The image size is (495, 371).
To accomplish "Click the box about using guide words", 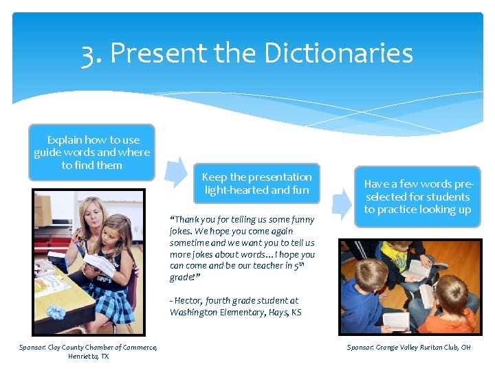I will pyautogui.click(x=91, y=153).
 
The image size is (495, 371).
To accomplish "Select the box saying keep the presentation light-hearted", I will pyautogui.click(x=256, y=183).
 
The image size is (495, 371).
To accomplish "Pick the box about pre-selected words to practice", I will pyautogui.click(x=417, y=196).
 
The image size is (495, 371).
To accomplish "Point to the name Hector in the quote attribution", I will pyautogui.click(x=190, y=300).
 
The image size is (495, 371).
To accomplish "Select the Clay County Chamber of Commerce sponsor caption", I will pyautogui.click(x=88, y=352).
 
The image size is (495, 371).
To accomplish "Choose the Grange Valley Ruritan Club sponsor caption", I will pyautogui.click(x=408, y=348).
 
